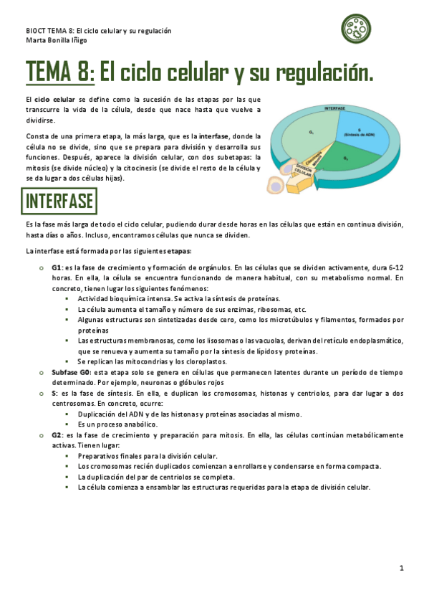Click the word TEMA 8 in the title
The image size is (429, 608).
pyautogui.click(x=59, y=72)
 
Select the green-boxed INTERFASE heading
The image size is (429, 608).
pyautogui.click(x=59, y=201)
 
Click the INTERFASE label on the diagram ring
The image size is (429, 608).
pyautogui.click(x=335, y=108)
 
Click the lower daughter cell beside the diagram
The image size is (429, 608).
pyautogui.click(x=275, y=186)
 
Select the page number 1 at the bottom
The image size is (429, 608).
pyautogui.click(x=402, y=568)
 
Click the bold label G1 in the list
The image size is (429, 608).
pyautogui.click(x=56, y=267)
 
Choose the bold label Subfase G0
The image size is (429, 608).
pyautogui.click(x=69, y=373)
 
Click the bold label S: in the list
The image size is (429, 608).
pyautogui.click(x=54, y=394)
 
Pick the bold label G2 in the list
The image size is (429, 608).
pyautogui.click(x=56, y=434)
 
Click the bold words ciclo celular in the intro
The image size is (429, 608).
pyautogui.click(x=54, y=99)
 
